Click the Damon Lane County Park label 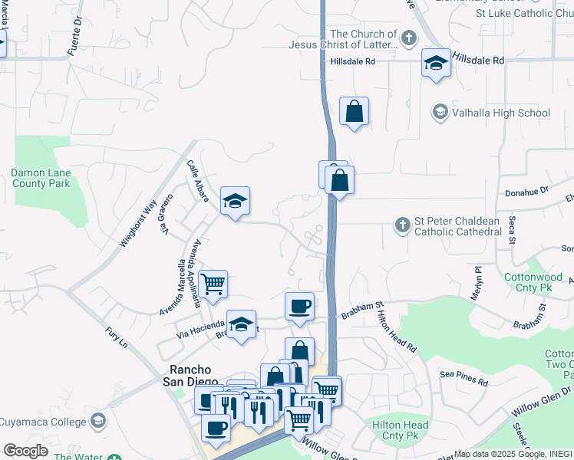(40, 178)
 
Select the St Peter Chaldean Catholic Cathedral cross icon (401, 225)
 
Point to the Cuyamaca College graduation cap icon (97, 420)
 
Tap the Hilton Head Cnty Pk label (400, 430)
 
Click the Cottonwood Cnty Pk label (534, 282)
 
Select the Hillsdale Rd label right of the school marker (478, 60)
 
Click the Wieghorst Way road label (139, 222)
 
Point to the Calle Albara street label (198, 181)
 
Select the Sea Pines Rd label (464, 378)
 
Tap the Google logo (25, 451)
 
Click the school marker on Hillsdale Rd (436, 63)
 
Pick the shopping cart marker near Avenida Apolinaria (213, 284)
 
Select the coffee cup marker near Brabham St (299, 306)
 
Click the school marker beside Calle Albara (235, 201)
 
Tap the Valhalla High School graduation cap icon (440, 113)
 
